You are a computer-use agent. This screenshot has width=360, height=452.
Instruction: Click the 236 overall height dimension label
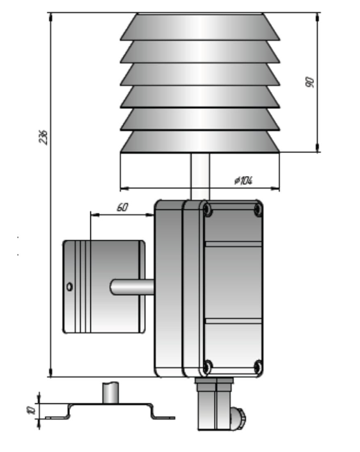coord(44,137)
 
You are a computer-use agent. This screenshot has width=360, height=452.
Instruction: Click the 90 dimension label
coord(309,82)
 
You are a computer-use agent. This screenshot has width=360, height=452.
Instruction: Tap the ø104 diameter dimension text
coord(243,181)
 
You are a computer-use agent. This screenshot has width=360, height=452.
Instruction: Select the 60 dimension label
coord(122,207)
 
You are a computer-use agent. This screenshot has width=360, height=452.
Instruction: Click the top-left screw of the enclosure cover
coord(208,209)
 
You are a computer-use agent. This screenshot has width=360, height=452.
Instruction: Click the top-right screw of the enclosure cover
coord(258,209)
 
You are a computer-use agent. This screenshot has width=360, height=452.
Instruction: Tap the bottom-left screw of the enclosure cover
coord(208,367)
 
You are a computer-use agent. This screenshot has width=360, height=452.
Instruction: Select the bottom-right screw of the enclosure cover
coord(258,367)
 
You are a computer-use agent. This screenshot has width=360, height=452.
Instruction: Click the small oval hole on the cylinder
coord(70,287)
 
